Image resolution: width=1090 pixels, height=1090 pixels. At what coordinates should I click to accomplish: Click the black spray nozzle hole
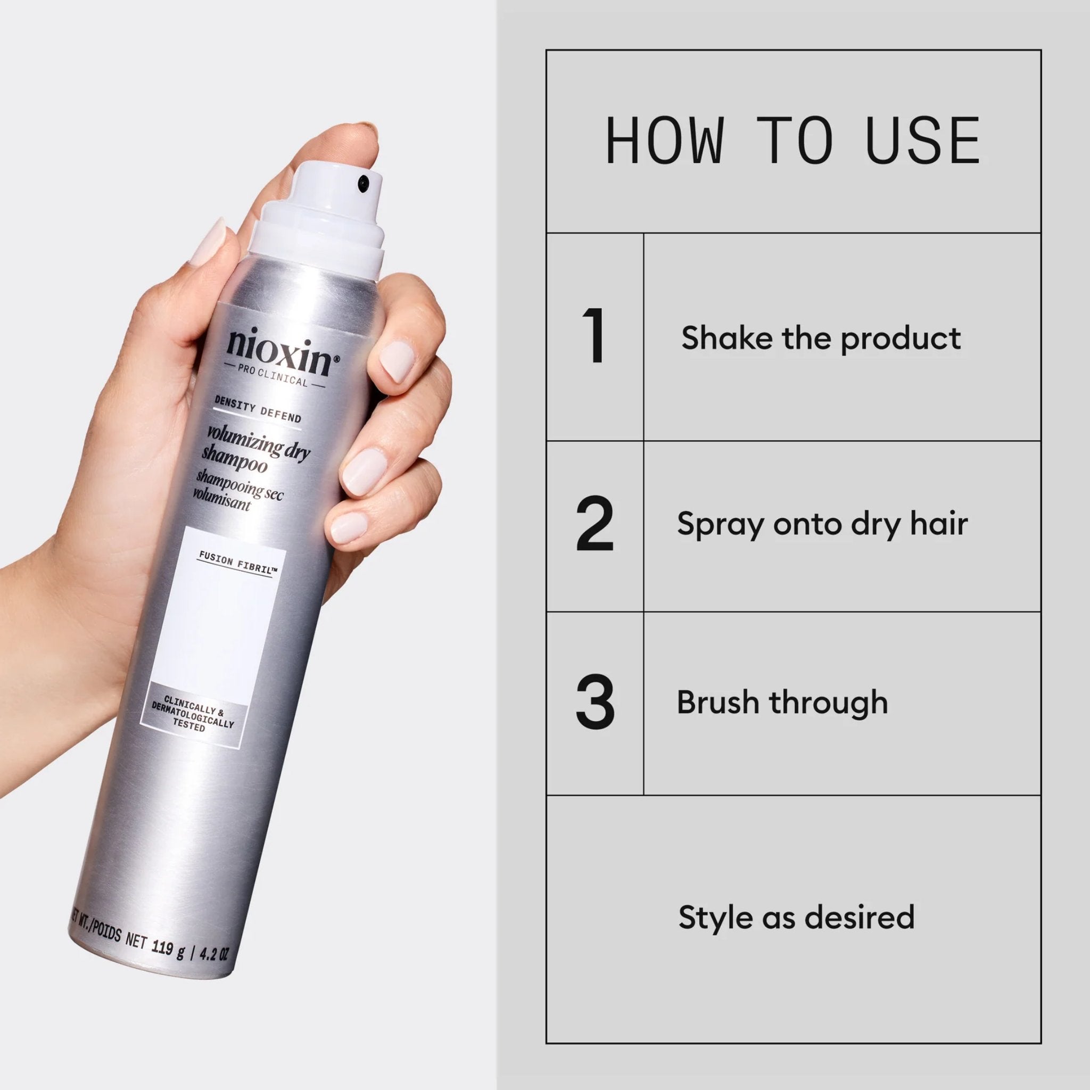364,181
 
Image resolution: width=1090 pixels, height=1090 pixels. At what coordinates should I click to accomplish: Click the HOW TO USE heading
792,141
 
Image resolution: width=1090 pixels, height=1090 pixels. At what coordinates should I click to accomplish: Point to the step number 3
594,703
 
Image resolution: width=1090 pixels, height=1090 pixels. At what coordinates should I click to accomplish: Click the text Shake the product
821,338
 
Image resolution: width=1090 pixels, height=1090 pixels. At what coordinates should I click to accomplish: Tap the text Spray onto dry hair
822,524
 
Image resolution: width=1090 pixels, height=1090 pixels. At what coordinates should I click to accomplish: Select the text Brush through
782,703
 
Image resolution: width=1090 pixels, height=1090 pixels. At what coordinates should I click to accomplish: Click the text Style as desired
796,917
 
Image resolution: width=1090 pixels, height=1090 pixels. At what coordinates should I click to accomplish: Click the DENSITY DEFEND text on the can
258,409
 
